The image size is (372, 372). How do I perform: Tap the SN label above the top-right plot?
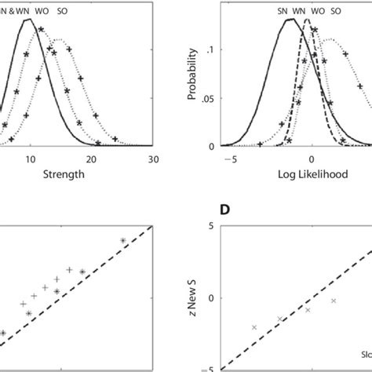pos(282,11)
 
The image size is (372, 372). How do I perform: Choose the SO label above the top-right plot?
pos(335,11)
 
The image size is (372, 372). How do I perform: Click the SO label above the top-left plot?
pos(64,11)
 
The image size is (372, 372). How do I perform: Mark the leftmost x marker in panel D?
pos(254,327)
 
